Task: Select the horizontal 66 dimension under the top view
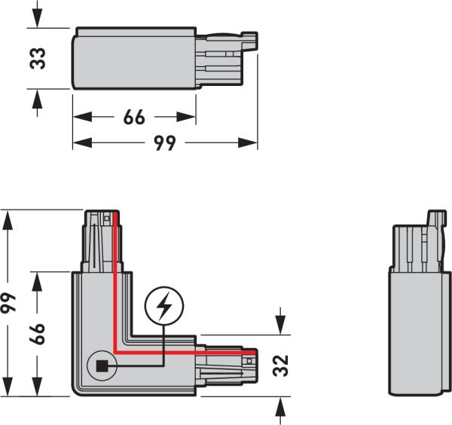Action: tap(133, 118)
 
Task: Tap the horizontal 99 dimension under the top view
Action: tap(165, 142)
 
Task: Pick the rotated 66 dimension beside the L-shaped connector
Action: tap(38, 333)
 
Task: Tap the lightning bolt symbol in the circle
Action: tap(163, 305)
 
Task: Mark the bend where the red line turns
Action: tap(115, 351)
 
